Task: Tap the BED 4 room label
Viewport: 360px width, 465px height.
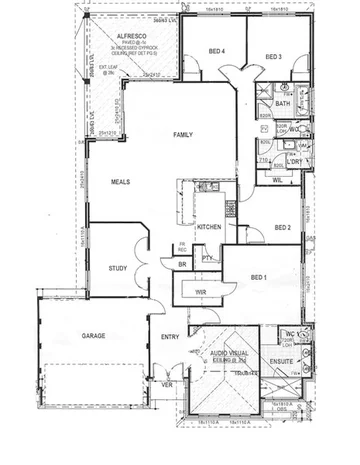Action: click(215, 51)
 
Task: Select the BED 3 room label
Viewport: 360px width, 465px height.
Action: click(273, 57)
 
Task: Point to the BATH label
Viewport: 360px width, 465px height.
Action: click(282, 103)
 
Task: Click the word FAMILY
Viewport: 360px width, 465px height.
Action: click(182, 134)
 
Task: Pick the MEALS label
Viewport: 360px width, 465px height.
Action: click(122, 182)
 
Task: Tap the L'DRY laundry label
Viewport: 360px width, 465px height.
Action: click(294, 161)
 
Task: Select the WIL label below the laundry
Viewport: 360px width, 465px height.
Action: click(274, 181)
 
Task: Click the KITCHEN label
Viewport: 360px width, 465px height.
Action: click(209, 228)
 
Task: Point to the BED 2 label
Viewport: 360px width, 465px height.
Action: click(282, 228)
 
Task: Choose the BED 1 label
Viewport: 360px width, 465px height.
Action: click(258, 276)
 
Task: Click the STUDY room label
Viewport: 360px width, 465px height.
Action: click(118, 268)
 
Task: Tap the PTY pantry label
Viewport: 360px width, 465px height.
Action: click(207, 258)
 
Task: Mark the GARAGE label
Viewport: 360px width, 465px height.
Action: click(95, 338)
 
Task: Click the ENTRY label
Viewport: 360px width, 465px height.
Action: click(170, 337)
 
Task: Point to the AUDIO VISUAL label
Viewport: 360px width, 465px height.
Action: click(228, 352)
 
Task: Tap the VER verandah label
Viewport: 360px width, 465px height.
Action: click(167, 383)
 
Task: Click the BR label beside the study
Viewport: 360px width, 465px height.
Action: click(181, 263)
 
